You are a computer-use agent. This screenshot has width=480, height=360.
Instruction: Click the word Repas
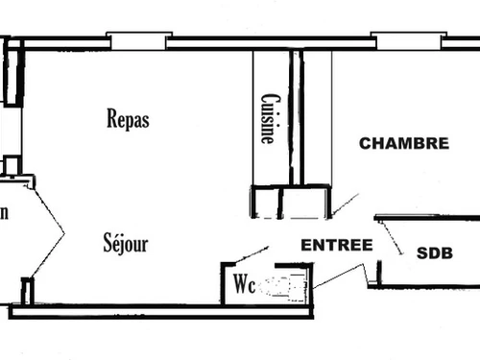129,119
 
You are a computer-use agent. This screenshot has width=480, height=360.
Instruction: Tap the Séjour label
126,243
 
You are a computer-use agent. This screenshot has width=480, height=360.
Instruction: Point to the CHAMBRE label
403,143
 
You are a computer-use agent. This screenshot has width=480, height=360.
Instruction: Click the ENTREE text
336,245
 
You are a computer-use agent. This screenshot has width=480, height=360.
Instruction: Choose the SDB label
434,253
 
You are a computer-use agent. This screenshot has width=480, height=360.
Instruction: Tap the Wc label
243,285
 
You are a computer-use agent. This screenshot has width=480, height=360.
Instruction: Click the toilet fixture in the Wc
287,285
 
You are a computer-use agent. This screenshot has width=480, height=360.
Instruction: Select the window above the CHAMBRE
407,40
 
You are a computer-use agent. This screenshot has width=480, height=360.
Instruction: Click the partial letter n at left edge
4,213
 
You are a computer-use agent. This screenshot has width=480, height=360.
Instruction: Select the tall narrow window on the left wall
12,72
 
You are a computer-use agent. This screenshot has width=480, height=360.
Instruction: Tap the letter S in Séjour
108,243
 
